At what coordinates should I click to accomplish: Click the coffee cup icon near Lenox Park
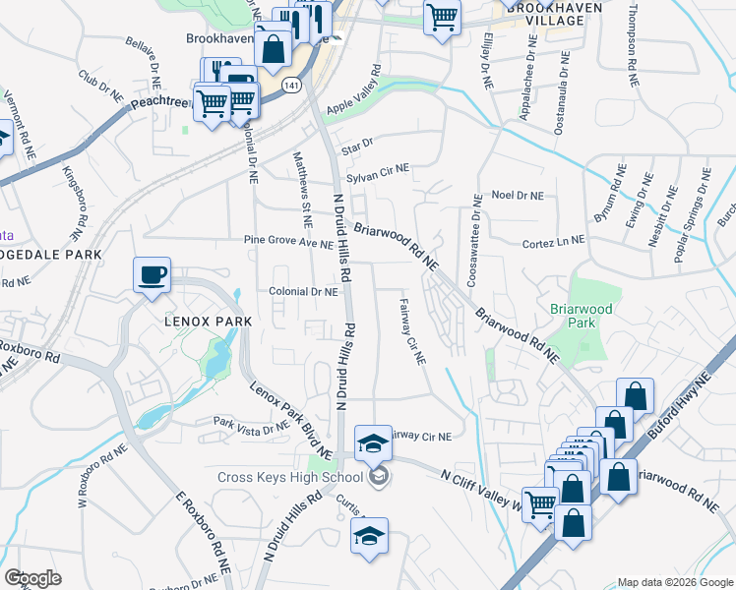[x=152, y=275]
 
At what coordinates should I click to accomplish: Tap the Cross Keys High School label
[x=290, y=479]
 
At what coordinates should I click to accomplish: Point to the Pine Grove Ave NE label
[x=288, y=242]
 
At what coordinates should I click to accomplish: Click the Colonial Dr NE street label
[x=304, y=291]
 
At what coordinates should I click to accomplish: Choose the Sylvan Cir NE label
[x=376, y=169]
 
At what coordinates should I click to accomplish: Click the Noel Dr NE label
[x=518, y=196]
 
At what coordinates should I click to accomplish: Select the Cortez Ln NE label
[x=554, y=239]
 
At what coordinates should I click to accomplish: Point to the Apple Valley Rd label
[x=352, y=91]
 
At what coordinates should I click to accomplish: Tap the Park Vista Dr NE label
[x=253, y=427]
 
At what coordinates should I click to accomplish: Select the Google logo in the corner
[x=33, y=578]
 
